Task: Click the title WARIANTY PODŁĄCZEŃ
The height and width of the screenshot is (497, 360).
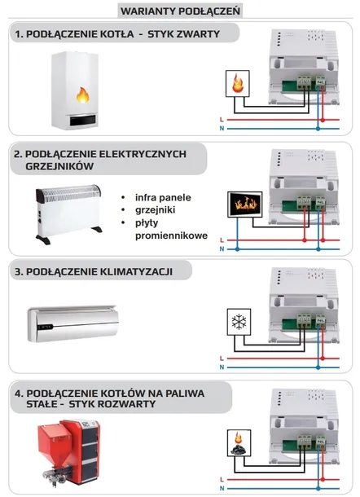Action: pyautogui.click(x=180, y=11)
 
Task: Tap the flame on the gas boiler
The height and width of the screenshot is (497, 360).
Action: pyautogui.click(x=82, y=95)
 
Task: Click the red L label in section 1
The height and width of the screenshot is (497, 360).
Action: pyautogui.click(x=222, y=120)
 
